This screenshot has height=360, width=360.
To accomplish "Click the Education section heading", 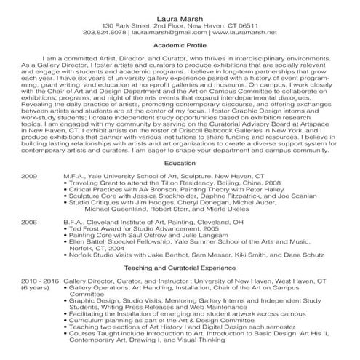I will click(x=180, y=185).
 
